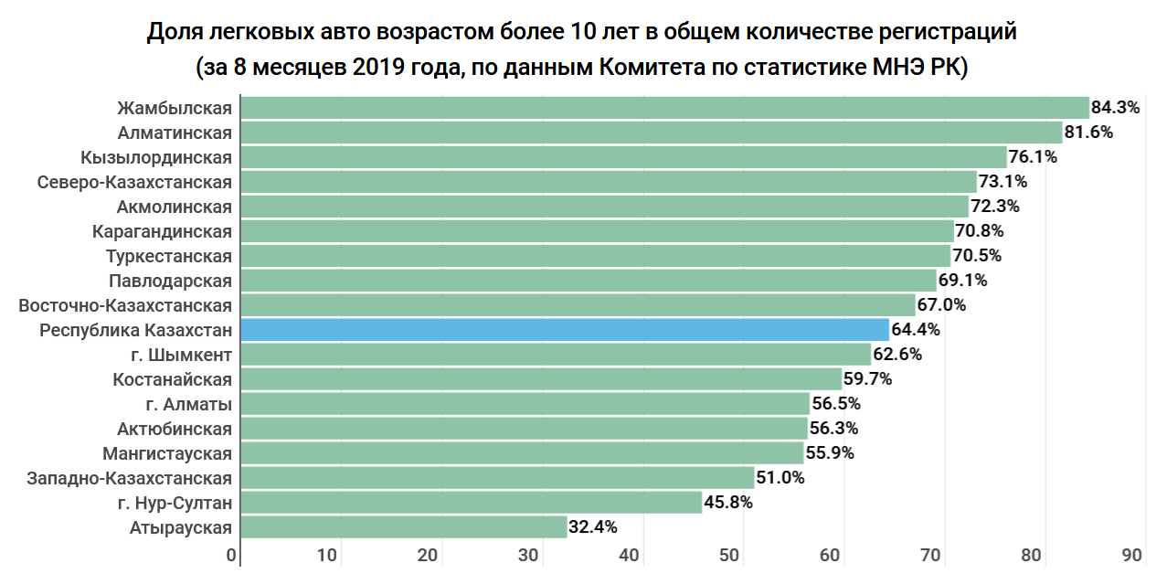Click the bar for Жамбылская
point(664,108)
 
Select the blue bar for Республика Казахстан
point(564,330)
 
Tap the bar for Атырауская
point(403,527)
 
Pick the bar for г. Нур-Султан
point(471,503)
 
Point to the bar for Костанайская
point(540,379)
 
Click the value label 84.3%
point(1116,108)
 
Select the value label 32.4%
point(593,527)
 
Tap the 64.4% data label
point(916,330)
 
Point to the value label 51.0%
point(780,478)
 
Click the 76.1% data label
point(1033,157)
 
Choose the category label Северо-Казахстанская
point(134,182)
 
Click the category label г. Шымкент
point(181,355)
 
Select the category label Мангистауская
point(167,453)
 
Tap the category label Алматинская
point(175,133)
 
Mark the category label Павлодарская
point(170,281)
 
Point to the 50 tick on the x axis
point(729,556)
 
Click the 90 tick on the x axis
point(1131,556)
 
